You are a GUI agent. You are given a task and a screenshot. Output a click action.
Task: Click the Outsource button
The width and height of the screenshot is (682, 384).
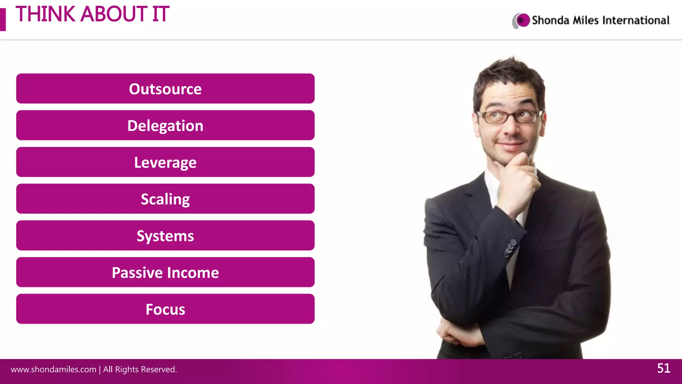point(165,89)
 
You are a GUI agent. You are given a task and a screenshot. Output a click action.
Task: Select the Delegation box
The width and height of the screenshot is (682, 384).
point(165,125)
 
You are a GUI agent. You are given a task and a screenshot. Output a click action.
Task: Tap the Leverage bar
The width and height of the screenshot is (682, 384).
point(165,162)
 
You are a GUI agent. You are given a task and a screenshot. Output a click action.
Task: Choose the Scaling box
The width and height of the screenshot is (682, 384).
point(165,199)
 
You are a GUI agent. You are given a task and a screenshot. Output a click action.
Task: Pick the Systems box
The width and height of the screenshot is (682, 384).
point(165,235)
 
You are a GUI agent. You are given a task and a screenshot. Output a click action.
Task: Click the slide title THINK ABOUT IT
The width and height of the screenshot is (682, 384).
point(92,14)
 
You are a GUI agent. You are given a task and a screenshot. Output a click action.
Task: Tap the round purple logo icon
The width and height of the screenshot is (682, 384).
point(522,20)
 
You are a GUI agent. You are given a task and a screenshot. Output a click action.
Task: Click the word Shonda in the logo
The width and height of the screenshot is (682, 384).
point(550,20)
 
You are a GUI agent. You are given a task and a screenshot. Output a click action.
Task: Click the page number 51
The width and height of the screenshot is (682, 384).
point(663,368)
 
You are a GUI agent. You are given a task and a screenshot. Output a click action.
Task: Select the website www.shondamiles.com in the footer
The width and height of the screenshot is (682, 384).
point(53,369)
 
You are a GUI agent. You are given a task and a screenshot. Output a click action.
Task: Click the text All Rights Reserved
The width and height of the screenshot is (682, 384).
point(140,369)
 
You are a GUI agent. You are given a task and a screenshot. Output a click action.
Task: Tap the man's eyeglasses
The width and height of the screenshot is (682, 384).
point(510,116)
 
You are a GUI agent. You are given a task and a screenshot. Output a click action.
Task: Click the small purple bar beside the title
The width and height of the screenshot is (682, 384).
point(3,20)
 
